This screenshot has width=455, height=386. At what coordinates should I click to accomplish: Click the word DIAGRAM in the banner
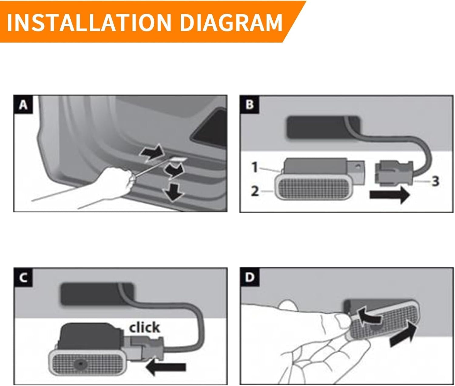(231, 22)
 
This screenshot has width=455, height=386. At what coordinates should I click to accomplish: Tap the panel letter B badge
(249, 105)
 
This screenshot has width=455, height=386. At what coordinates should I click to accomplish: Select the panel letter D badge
(249, 278)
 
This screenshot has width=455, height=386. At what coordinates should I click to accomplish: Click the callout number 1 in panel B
(255, 168)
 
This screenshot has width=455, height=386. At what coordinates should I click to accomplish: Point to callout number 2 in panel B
(255, 191)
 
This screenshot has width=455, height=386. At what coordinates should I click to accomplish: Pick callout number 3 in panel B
(435, 181)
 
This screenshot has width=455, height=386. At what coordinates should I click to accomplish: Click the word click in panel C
(144, 327)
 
